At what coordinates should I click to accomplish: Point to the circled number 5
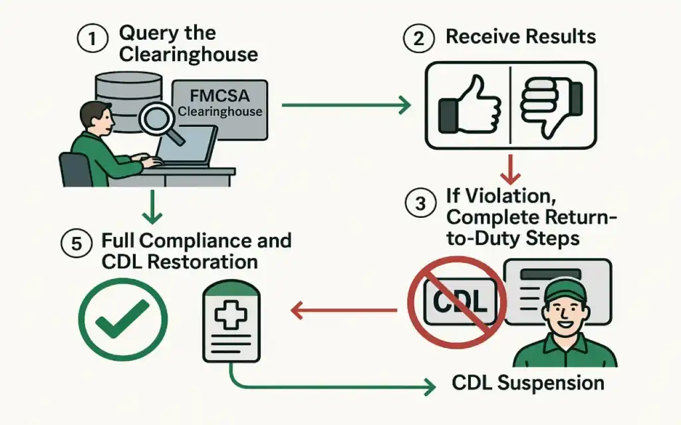78,243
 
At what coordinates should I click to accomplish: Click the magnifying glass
160,122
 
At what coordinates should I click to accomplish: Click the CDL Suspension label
527,383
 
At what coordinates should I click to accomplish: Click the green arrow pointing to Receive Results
346,104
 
